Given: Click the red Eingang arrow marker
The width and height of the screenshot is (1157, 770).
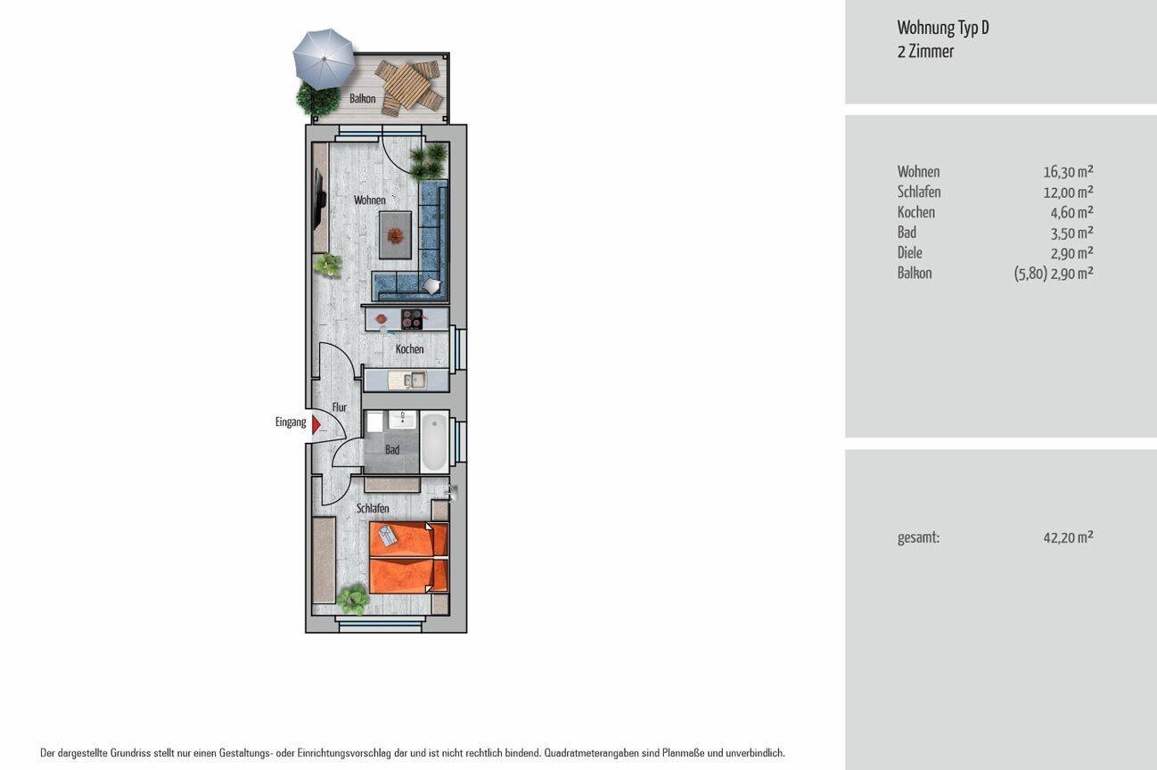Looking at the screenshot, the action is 316,423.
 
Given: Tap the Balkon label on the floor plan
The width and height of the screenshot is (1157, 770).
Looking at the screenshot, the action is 362,98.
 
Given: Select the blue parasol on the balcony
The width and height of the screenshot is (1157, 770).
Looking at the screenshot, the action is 324,58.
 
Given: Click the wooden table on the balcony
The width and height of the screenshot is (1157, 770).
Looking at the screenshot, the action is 408,86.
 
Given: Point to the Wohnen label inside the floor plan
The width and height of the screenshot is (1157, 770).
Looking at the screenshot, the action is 369,200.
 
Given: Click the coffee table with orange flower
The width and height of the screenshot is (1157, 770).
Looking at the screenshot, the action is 395,235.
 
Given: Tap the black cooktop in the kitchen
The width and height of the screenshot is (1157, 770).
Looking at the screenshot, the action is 412,320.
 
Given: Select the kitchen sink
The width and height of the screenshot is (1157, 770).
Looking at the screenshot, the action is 407,380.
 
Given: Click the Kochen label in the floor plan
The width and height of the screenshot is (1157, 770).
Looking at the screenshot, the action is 410,349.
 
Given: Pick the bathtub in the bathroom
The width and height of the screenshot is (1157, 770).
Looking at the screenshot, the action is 434,442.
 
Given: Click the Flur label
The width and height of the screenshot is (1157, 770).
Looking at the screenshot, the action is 340,407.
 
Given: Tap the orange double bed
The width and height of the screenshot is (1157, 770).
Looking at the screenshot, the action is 408,558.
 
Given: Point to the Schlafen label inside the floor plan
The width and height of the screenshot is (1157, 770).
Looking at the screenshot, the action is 373,508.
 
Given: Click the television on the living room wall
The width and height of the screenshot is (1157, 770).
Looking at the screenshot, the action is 320,201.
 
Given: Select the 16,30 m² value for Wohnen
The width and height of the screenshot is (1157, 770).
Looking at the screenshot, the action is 1068,171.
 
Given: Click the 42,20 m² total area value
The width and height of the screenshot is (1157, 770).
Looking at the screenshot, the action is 1068,537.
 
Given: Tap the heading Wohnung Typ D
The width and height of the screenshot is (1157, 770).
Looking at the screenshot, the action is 943,28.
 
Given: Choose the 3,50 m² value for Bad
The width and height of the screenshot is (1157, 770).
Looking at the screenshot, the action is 1071,233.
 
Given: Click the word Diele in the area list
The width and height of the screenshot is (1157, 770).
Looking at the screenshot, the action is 909,252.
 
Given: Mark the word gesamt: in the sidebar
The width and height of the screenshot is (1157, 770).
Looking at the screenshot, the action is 918,538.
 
